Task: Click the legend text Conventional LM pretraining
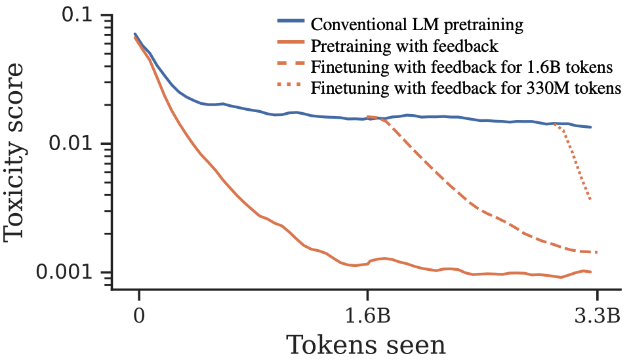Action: coord(417,26)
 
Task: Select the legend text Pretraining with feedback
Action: coord(405,47)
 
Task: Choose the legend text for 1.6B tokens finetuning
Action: coord(462,68)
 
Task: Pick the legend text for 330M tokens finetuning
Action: coord(466,89)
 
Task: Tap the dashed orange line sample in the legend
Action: coord(291,67)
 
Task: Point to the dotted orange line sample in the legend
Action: coord(291,88)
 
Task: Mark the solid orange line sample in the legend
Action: coord(291,46)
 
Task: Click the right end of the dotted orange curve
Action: coord(591,200)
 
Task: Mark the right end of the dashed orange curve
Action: coord(598,252)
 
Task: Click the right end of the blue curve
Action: coord(591,127)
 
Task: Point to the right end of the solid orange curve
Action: coord(591,271)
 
